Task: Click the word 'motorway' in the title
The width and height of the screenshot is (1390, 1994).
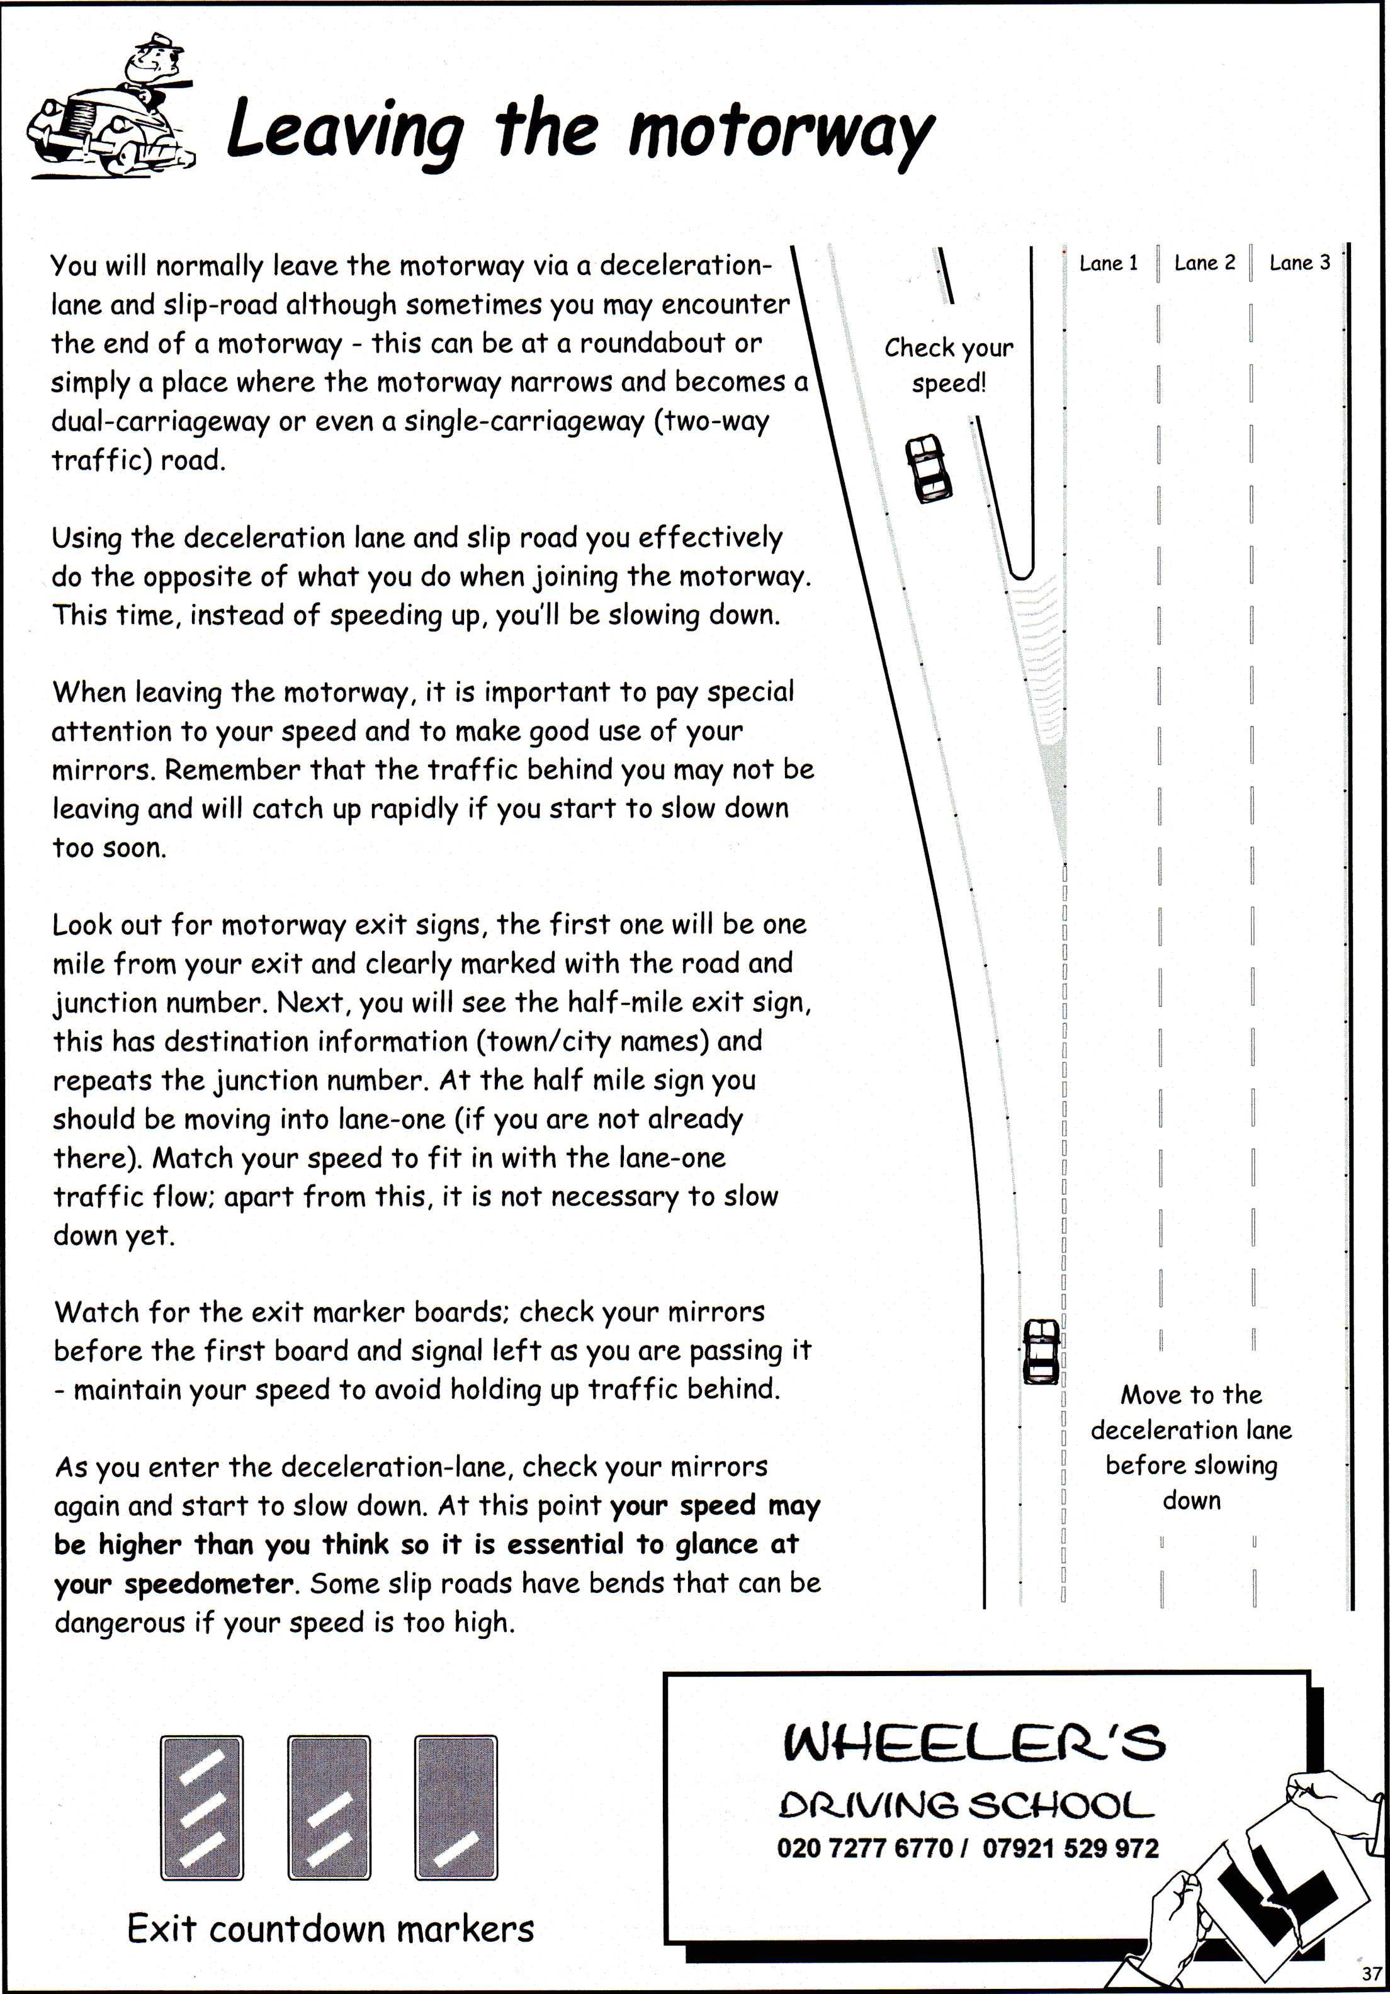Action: click(x=779, y=133)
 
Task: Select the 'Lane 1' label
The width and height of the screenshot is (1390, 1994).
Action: click(x=1108, y=263)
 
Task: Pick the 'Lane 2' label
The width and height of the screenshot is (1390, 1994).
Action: click(x=1204, y=263)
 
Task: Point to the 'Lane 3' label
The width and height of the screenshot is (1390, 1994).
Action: click(x=1299, y=263)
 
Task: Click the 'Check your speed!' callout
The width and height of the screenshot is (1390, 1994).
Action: click(x=948, y=365)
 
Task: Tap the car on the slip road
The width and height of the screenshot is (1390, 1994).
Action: click(x=927, y=469)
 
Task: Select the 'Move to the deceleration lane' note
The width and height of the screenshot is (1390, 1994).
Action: click(x=1191, y=1447)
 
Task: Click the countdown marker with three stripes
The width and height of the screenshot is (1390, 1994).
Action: click(x=201, y=1806)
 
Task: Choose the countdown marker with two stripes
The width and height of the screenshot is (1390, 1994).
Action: click(x=329, y=1806)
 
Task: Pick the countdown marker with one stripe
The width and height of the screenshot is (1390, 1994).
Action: click(x=456, y=1806)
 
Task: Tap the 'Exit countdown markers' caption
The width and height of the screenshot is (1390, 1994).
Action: click(x=330, y=1929)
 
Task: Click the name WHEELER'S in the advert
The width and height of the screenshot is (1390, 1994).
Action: click(x=973, y=1743)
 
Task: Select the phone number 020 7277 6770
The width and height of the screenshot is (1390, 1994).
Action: click(x=865, y=1848)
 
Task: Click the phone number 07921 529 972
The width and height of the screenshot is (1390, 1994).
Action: click(x=1070, y=1848)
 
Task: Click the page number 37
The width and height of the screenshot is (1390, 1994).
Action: click(x=1371, y=1973)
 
